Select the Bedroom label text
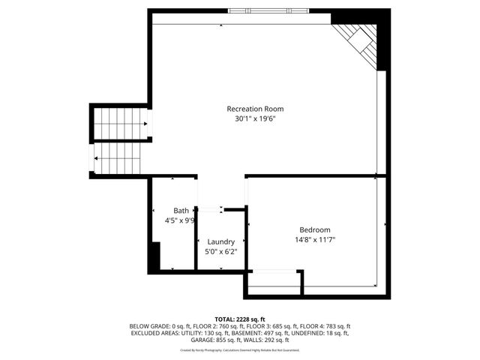click(x=314, y=230)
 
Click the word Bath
click(x=181, y=211)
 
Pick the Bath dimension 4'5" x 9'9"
click(x=180, y=220)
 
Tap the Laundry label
click(x=221, y=242)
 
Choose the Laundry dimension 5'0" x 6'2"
click(x=221, y=251)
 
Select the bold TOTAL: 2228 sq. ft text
click(x=240, y=319)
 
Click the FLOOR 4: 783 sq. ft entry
click(x=324, y=326)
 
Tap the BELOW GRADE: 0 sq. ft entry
click(x=157, y=326)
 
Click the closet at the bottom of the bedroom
click(x=274, y=282)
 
